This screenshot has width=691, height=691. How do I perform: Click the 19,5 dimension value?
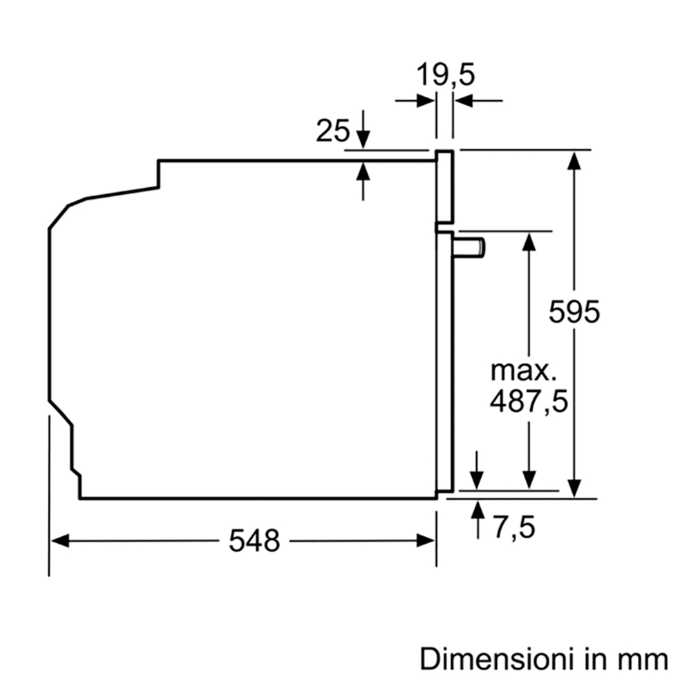click(446, 75)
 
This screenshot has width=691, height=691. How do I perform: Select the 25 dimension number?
click(333, 130)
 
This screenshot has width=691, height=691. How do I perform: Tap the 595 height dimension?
click(574, 312)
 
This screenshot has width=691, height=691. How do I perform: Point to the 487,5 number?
click(529, 401)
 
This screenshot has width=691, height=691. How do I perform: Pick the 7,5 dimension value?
click(514, 527)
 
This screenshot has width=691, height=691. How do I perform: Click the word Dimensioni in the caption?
click(500, 659)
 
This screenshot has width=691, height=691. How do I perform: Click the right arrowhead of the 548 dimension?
click(426, 540)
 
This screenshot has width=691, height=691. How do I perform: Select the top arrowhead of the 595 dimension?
click(574, 160)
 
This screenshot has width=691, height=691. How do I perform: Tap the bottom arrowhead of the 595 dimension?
click(574, 489)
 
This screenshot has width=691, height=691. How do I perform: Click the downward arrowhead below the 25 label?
click(363, 140)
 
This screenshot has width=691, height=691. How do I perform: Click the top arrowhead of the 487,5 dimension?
click(529, 241)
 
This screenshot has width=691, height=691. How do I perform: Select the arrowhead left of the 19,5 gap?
click(426, 101)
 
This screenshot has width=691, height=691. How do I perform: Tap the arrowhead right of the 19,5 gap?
click(463, 101)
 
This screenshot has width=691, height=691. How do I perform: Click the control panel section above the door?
click(444, 187)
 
